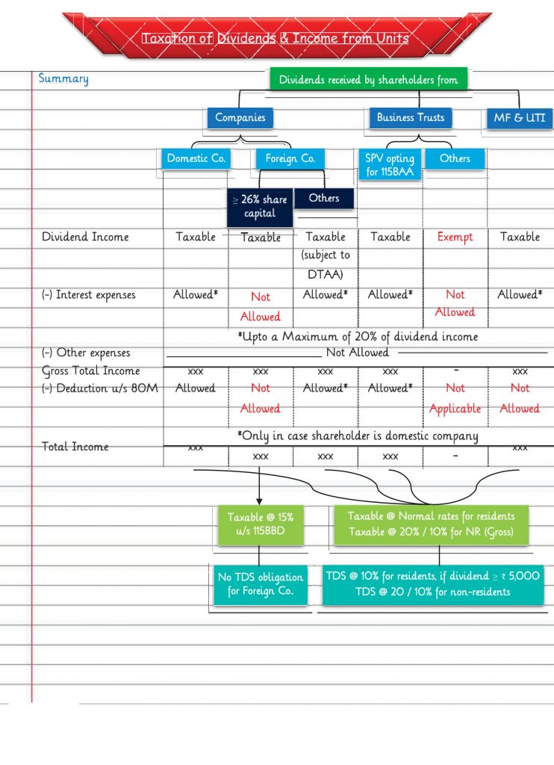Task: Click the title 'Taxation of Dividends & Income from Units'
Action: (x=276, y=37)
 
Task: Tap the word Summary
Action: (x=63, y=78)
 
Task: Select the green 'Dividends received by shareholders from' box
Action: (x=368, y=79)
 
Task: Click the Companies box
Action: (x=240, y=117)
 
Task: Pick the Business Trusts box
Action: (x=410, y=117)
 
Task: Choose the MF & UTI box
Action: (x=519, y=118)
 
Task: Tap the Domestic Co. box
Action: (x=196, y=158)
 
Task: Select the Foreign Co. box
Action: (x=290, y=158)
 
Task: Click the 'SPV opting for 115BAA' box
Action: (x=389, y=166)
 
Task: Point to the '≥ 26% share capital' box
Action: (x=259, y=207)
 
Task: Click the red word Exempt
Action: (x=455, y=237)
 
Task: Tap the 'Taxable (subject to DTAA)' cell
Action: (x=326, y=255)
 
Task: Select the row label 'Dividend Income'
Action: (x=85, y=237)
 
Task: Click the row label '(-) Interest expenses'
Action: (x=88, y=295)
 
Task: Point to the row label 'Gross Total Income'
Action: (x=90, y=371)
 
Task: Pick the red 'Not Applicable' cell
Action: (x=455, y=399)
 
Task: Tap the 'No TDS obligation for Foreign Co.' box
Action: (x=260, y=585)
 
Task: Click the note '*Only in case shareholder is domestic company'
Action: (x=358, y=436)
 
